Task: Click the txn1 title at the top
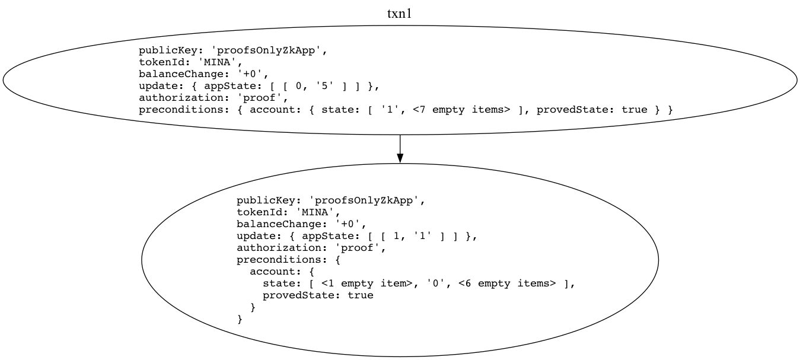tap(399, 14)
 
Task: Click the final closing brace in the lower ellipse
tap(240, 319)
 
